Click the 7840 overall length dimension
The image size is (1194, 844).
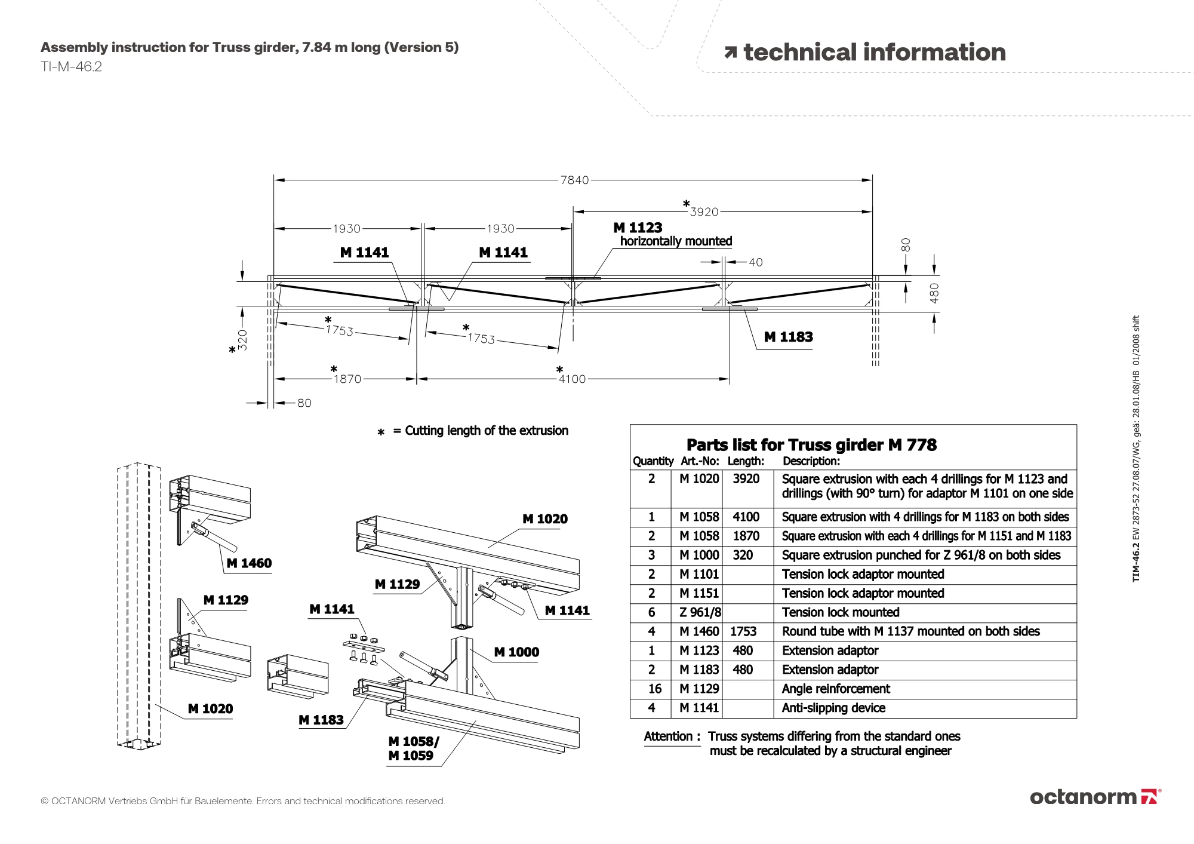pyautogui.click(x=574, y=180)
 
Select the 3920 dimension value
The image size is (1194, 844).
pyautogui.click(x=704, y=212)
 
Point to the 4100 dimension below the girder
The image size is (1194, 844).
pyautogui.click(x=572, y=379)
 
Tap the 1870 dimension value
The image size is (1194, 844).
pyautogui.click(x=347, y=379)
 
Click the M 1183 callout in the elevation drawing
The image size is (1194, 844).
pyautogui.click(x=788, y=337)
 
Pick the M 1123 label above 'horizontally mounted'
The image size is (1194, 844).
pyautogui.click(x=638, y=228)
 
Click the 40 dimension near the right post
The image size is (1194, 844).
pyautogui.click(x=755, y=262)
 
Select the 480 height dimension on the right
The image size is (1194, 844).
pyautogui.click(x=934, y=293)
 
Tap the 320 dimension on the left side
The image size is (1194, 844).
pyautogui.click(x=242, y=339)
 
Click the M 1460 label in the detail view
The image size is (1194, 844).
pyautogui.click(x=249, y=563)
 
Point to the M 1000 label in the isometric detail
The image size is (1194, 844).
pyautogui.click(x=516, y=652)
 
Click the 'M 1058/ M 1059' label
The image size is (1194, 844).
pyautogui.click(x=413, y=748)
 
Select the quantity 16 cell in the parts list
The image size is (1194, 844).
pyautogui.click(x=654, y=689)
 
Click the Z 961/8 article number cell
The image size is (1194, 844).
pyautogui.click(x=700, y=612)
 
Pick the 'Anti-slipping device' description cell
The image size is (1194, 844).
pyautogui.click(x=833, y=708)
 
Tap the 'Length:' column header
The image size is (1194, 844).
pyautogui.click(x=746, y=461)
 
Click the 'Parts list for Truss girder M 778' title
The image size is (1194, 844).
pyautogui.click(x=811, y=445)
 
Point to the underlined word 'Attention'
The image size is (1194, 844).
pyautogui.click(x=668, y=736)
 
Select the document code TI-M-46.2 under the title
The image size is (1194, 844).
pyautogui.click(x=71, y=67)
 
